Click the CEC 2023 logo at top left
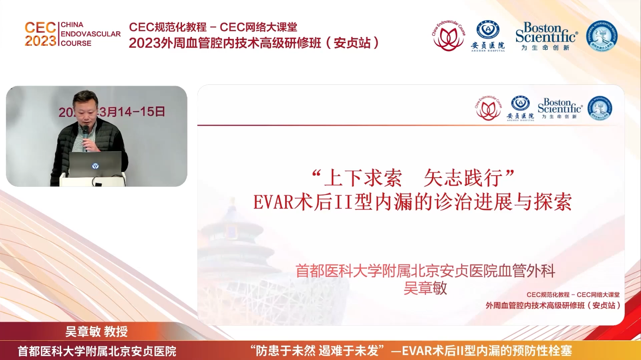[40, 34]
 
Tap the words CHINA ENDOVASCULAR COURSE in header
[90, 34]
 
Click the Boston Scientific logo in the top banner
[546, 33]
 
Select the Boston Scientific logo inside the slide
[560, 106]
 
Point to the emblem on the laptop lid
[95, 166]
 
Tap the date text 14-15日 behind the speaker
[139, 112]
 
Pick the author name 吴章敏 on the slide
[425, 288]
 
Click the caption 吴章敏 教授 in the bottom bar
[96, 331]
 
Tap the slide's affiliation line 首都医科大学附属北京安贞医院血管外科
[425, 271]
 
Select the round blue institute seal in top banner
[602, 36]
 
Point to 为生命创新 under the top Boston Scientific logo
[545, 48]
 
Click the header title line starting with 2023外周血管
[253, 43]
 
